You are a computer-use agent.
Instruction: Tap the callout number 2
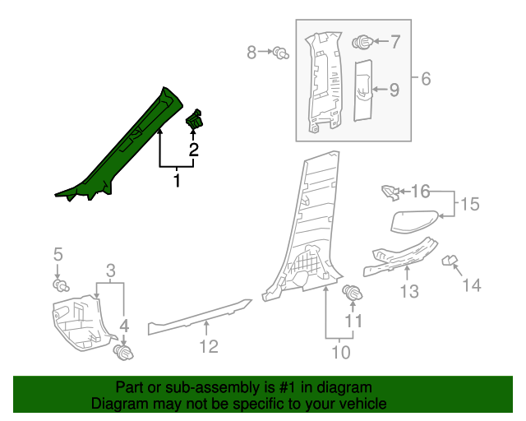click(194, 150)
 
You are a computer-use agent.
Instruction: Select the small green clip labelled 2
click(196, 120)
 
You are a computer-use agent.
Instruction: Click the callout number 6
click(425, 79)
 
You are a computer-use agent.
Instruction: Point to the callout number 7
click(394, 41)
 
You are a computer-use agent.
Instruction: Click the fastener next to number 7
click(362, 41)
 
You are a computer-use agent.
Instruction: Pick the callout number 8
click(252, 53)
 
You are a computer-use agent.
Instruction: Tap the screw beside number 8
click(282, 54)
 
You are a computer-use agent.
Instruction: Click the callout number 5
click(58, 253)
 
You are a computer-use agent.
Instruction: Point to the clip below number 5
click(60, 285)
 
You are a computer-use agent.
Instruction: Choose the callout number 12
click(208, 346)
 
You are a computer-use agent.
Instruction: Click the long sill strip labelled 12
click(197, 316)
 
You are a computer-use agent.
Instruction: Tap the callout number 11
click(353, 321)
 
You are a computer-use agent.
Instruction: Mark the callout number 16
click(420, 192)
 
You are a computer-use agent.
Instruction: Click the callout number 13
click(409, 291)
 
